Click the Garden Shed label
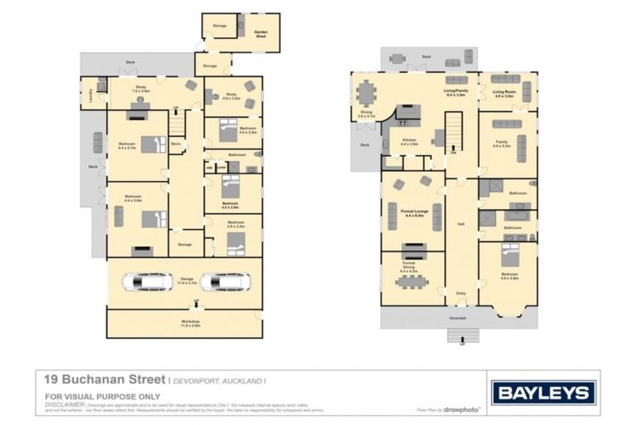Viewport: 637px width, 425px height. (260, 32)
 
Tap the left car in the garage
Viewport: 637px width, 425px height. (147, 281)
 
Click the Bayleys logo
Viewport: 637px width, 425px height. (543, 393)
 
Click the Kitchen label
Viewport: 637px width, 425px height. (410, 142)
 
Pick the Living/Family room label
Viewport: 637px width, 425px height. (455, 92)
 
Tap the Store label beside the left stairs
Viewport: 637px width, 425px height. (175, 144)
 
